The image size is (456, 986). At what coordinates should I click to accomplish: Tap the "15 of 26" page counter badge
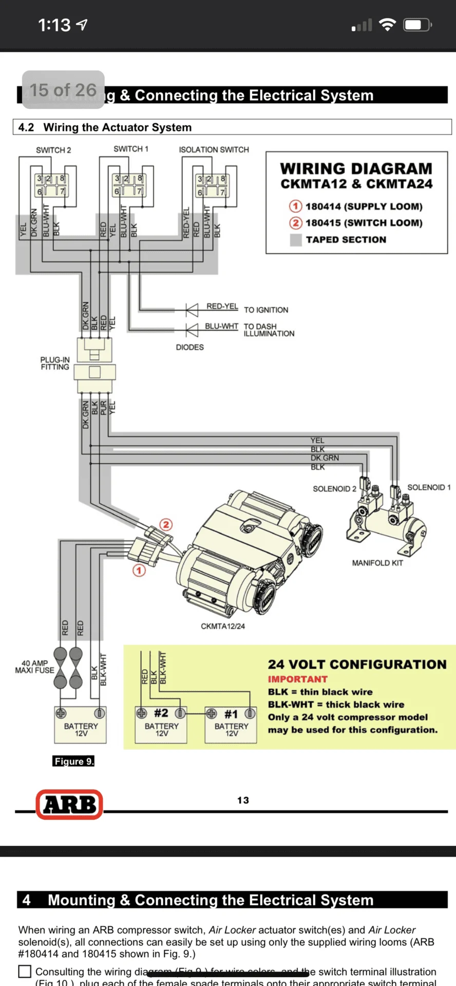pyautogui.click(x=63, y=90)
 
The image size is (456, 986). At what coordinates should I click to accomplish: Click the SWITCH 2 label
pyautogui.click(x=53, y=150)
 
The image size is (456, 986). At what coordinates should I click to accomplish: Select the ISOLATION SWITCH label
pyautogui.click(x=214, y=149)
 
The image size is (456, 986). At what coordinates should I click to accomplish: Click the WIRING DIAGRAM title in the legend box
pyautogui.click(x=356, y=169)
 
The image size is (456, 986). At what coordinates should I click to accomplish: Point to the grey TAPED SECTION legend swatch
pyautogui.click(x=296, y=240)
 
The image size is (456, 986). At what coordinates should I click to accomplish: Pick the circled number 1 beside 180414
pyautogui.click(x=295, y=206)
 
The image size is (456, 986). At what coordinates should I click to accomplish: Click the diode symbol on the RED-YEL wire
pyautogui.click(x=192, y=310)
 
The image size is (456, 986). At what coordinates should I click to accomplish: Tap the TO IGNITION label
pyautogui.click(x=266, y=310)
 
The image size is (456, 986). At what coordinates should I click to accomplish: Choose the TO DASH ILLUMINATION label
pyautogui.click(x=269, y=330)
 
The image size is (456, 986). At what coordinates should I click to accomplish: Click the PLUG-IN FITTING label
pyautogui.click(x=55, y=363)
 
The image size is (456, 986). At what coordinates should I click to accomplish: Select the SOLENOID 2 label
pyautogui.click(x=334, y=489)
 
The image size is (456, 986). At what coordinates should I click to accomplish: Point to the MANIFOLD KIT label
pyautogui.click(x=377, y=563)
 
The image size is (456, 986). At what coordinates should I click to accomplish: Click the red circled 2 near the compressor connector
pyautogui.click(x=166, y=524)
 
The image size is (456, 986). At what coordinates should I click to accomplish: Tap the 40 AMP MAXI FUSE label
pyautogui.click(x=34, y=667)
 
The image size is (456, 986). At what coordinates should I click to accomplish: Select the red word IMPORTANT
pyautogui.click(x=297, y=679)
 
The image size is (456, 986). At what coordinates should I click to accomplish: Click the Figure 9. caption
pyautogui.click(x=73, y=761)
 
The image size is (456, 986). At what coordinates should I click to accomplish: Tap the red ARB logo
pyautogui.click(x=69, y=804)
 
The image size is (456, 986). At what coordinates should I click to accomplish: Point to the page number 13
pyautogui.click(x=243, y=800)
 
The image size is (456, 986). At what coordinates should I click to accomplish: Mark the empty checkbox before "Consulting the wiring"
pyautogui.click(x=25, y=972)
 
